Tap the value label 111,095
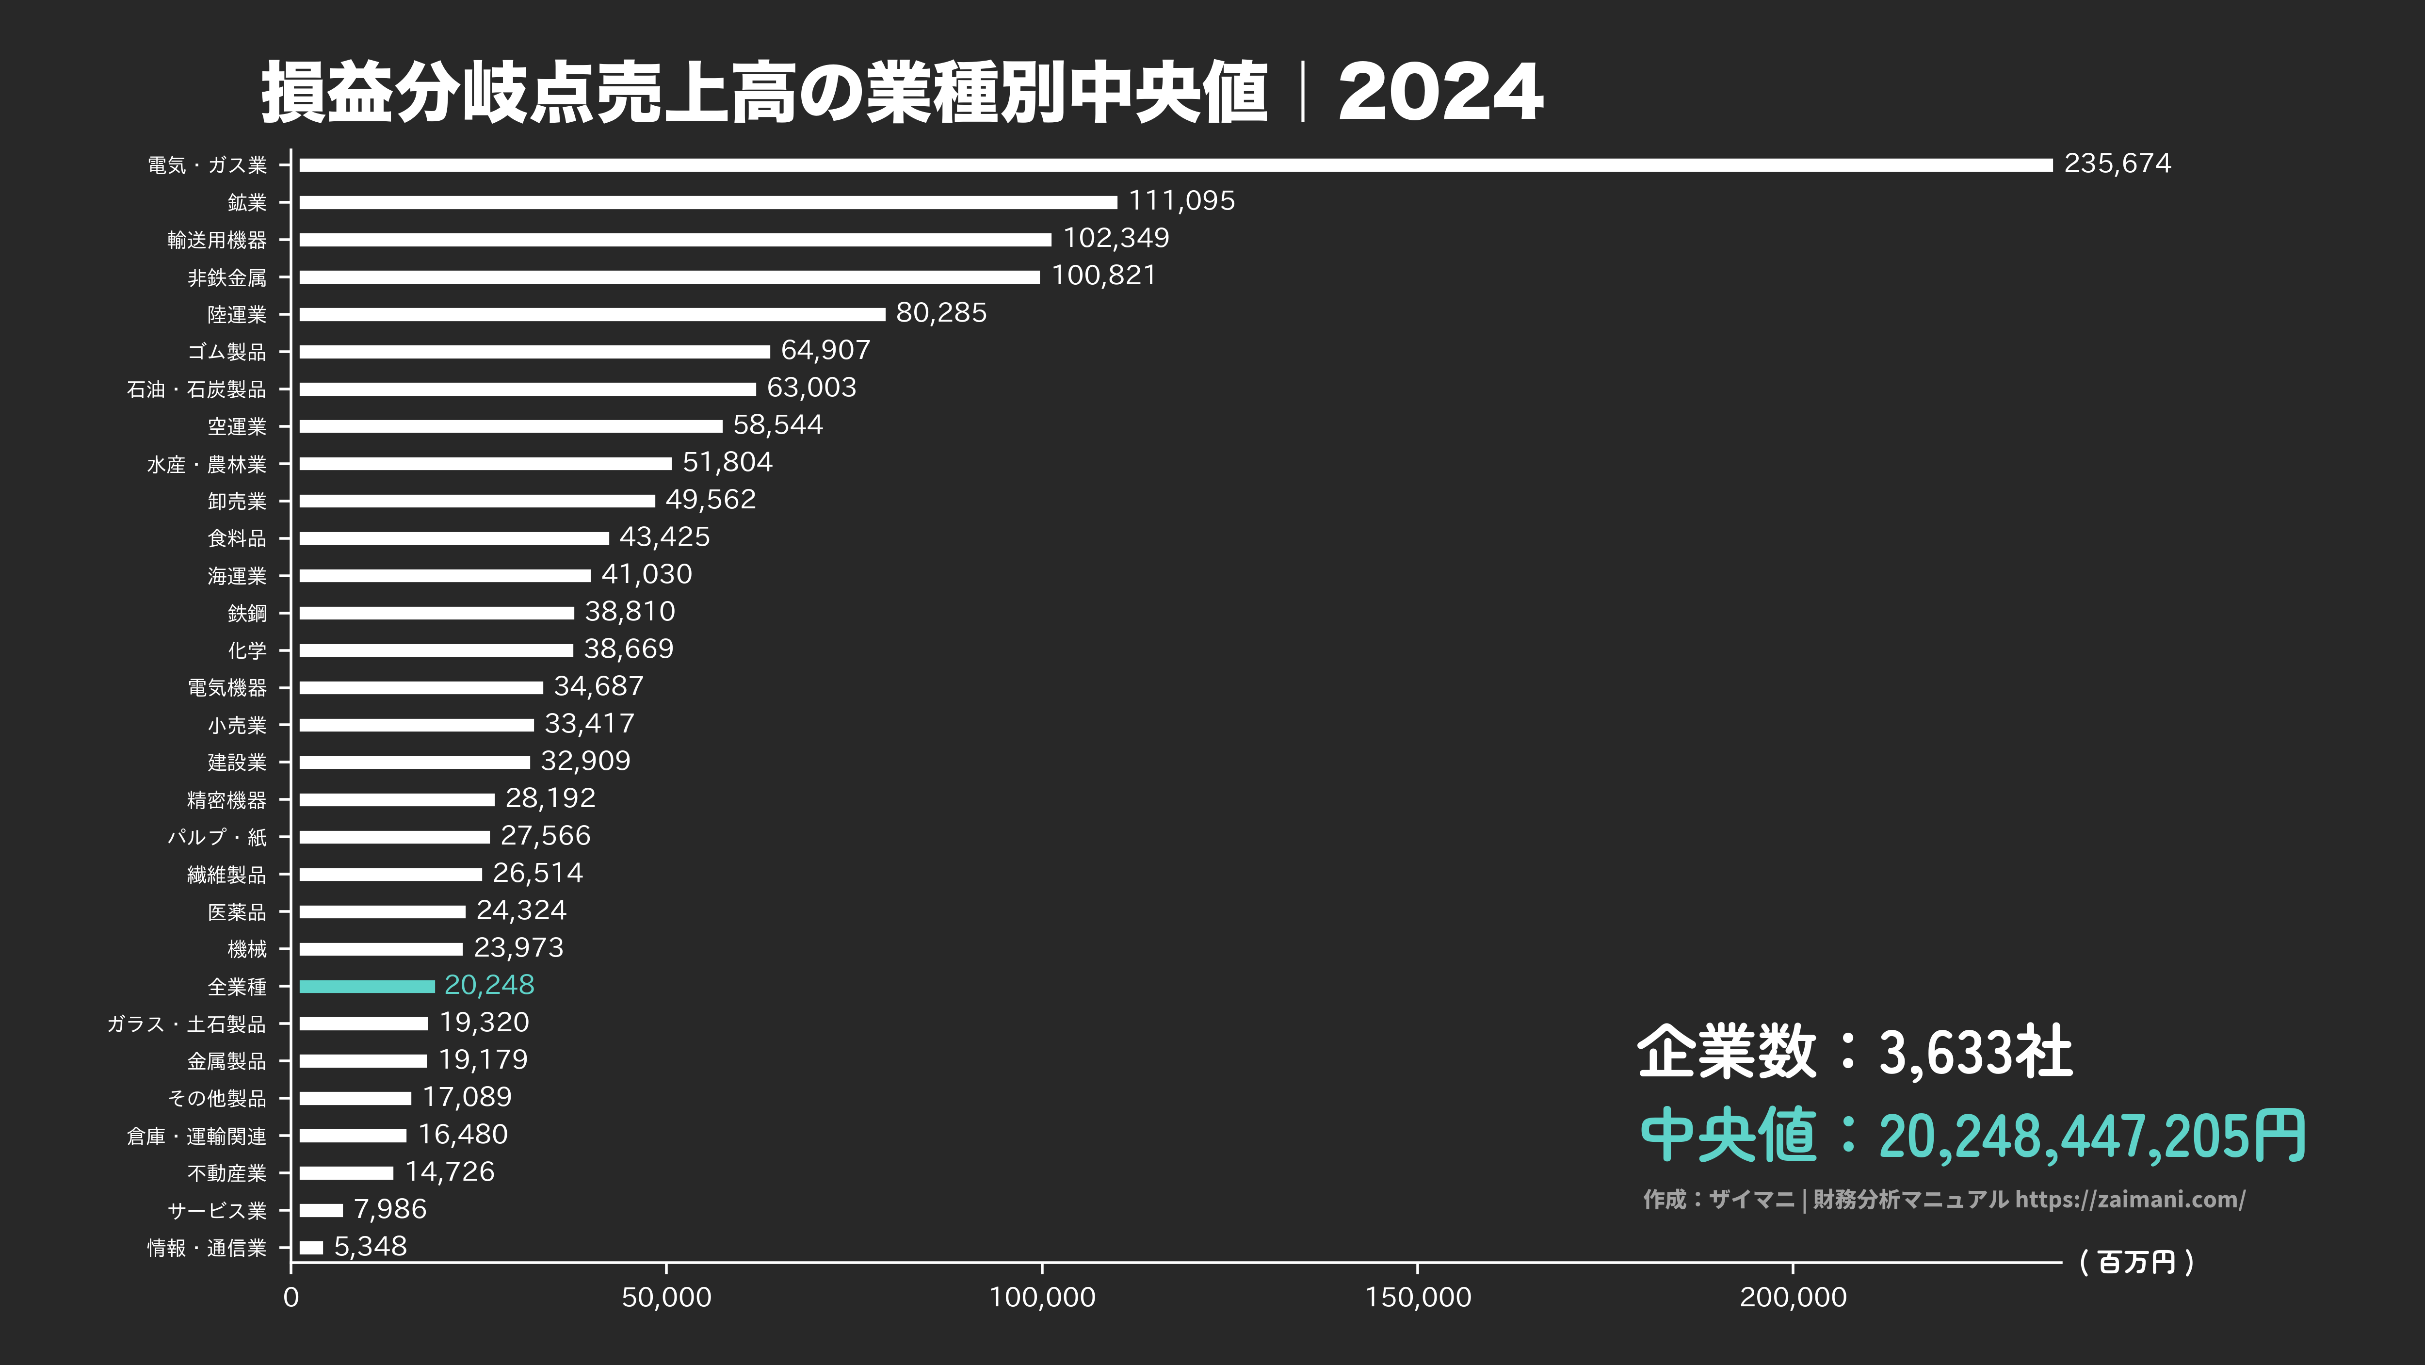(x=1181, y=200)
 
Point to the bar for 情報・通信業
(x=311, y=1247)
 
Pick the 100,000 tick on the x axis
(x=1042, y=1297)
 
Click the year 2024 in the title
(x=1440, y=92)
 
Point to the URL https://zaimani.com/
(x=2130, y=1199)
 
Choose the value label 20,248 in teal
(x=488, y=985)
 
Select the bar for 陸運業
(x=592, y=314)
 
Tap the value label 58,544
(x=777, y=424)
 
